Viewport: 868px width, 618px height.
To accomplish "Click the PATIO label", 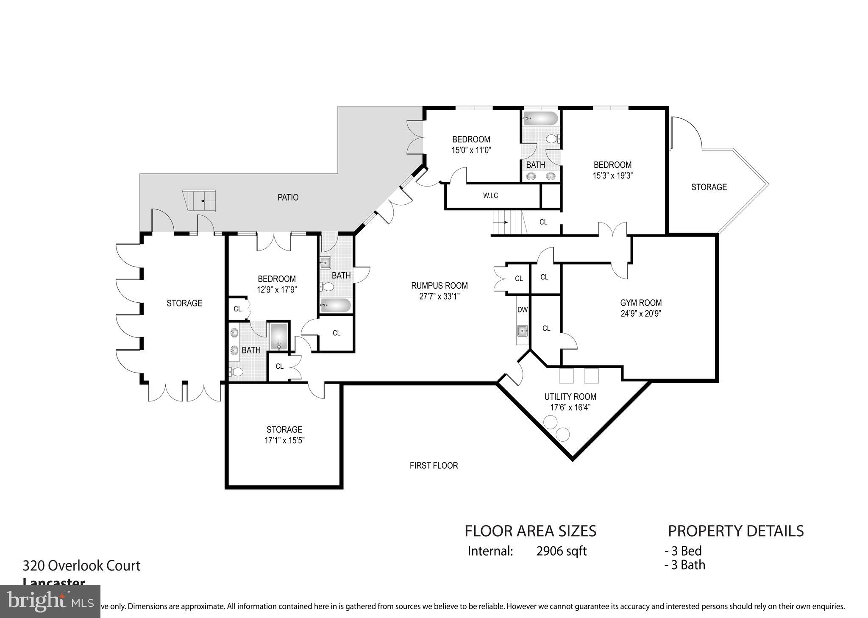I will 288,197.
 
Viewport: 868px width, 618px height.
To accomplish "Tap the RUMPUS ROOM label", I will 439,285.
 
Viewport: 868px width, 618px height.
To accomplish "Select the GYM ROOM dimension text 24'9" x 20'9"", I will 640,314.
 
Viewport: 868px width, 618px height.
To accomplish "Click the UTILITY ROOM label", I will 570,397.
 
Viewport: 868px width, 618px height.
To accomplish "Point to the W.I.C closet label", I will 490,196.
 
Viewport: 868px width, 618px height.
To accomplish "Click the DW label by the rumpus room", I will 522,310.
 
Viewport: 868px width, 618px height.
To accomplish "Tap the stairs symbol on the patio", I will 200,201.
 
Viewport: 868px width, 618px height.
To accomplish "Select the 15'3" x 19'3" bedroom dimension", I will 612,175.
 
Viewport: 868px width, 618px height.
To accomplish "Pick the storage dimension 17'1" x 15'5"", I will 284,440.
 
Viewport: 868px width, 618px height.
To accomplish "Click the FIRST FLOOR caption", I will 434,465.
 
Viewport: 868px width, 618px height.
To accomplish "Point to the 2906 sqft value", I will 561,551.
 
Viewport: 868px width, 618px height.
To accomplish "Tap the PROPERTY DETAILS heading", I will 735,531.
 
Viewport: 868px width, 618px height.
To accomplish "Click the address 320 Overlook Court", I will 81,565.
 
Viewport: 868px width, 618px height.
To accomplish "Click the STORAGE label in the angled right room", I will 709,187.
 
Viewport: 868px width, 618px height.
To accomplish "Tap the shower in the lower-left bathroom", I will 278,337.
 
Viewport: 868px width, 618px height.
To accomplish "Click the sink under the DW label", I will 522,330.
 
